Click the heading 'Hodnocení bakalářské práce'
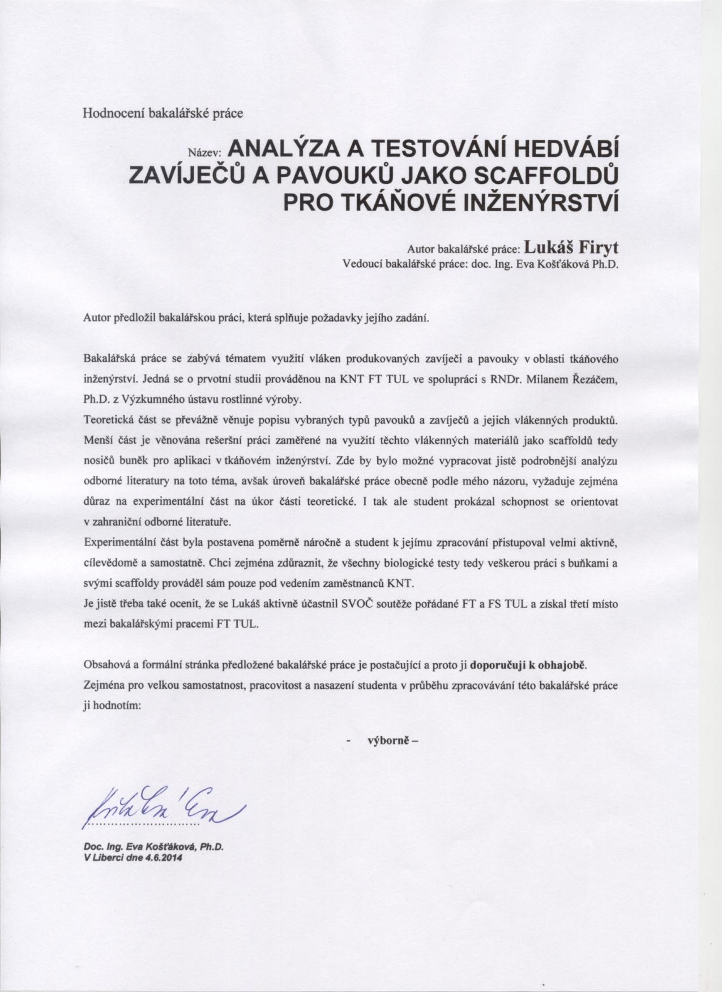tap(163, 113)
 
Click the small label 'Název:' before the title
tap(207, 152)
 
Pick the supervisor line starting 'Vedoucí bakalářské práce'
tap(480, 264)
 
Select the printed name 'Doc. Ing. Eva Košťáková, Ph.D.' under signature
tap(154, 847)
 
